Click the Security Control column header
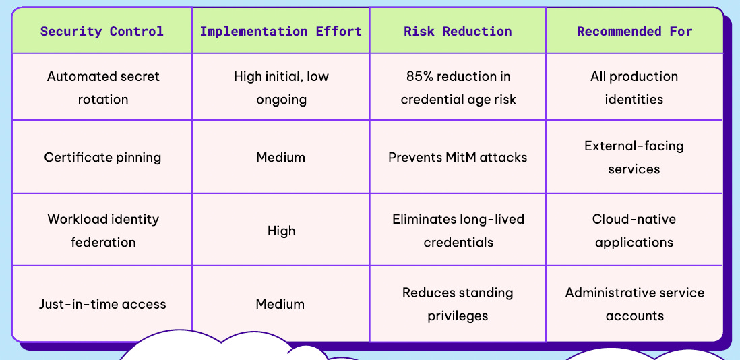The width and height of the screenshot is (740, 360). pyautogui.click(x=102, y=31)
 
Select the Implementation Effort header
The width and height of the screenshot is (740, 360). pyautogui.click(x=281, y=31)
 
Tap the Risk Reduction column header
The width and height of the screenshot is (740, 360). pyautogui.click(x=458, y=31)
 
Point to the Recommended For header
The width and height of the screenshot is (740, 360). pyautogui.click(x=634, y=31)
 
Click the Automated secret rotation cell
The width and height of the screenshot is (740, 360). pyautogui.click(x=103, y=88)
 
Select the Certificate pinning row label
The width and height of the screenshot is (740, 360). pyautogui.click(x=103, y=158)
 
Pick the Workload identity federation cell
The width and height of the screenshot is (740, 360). pyautogui.click(x=103, y=231)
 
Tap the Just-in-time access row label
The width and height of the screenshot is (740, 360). pyautogui.click(x=103, y=304)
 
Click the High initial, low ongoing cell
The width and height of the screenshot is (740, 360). pyautogui.click(x=281, y=88)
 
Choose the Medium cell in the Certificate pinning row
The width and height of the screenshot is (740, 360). pyautogui.click(x=281, y=158)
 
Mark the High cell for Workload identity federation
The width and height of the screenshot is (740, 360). pyautogui.click(x=281, y=231)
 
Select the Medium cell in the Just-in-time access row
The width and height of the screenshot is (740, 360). pyautogui.click(x=281, y=304)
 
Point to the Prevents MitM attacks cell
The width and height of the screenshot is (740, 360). pyautogui.click(x=458, y=158)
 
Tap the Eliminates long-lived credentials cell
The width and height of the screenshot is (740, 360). pyautogui.click(x=458, y=231)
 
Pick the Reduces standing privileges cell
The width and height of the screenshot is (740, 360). pyautogui.click(x=458, y=304)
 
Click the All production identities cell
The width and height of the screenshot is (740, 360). pyautogui.click(x=634, y=88)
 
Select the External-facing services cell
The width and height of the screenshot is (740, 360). pyautogui.click(x=634, y=158)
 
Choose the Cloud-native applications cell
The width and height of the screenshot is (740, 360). pyautogui.click(x=634, y=231)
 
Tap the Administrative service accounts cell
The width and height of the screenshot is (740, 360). pyautogui.click(x=634, y=304)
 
